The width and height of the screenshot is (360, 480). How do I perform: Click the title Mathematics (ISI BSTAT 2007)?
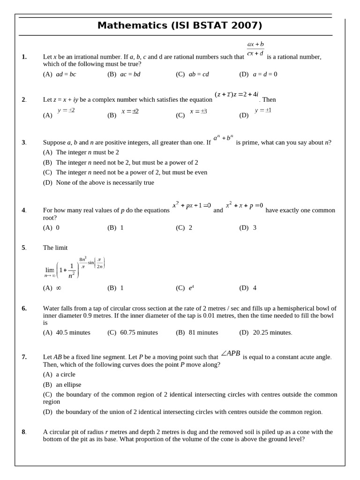click(180, 26)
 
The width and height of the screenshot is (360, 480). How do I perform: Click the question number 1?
click(24, 57)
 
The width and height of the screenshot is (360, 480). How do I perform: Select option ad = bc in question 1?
click(66, 74)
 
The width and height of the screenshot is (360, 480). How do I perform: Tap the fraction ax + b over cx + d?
click(255, 49)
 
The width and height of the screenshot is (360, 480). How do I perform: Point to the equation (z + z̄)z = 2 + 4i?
click(236, 94)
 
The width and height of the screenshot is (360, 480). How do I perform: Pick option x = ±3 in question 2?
click(198, 112)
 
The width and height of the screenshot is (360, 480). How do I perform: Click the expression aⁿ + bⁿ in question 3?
click(223, 138)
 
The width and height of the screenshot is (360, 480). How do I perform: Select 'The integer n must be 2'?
click(87, 152)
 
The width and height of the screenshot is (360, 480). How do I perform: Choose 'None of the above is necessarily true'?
click(105, 183)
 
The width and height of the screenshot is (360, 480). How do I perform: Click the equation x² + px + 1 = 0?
click(192, 205)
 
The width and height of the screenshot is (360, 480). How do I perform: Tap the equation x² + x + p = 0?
click(244, 205)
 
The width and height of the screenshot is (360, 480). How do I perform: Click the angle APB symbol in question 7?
click(230, 353)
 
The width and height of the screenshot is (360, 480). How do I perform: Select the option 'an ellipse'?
click(68, 385)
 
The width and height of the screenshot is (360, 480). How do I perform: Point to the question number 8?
click(23, 432)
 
